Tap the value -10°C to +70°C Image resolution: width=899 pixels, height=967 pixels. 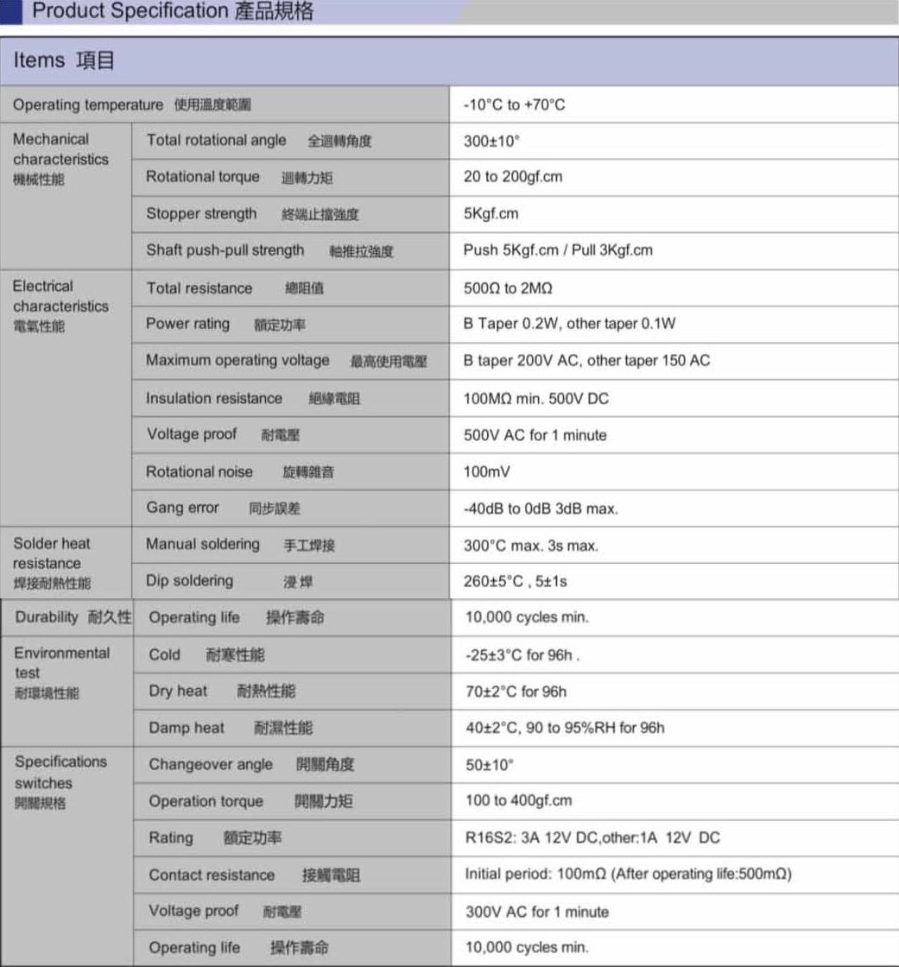(x=514, y=105)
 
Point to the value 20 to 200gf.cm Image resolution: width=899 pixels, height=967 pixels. (x=513, y=177)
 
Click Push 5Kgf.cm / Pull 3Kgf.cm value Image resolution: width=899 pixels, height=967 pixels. (x=558, y=250)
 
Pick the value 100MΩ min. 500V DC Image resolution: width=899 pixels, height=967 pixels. (x=536, y=399)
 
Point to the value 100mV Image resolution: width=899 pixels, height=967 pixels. (x=487, y=472)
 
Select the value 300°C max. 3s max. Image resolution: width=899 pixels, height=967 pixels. (x=530, y=546)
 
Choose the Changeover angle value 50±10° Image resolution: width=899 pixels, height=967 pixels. (x=489, y=765)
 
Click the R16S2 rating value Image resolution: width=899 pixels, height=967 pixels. (x=592, y=838)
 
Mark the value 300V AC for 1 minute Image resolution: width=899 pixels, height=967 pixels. (x=536, y=912)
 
